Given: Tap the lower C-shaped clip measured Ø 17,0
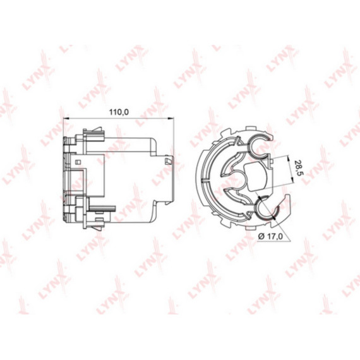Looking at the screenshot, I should (x=265, y=211).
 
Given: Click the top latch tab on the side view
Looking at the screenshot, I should (x=93, y=133).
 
